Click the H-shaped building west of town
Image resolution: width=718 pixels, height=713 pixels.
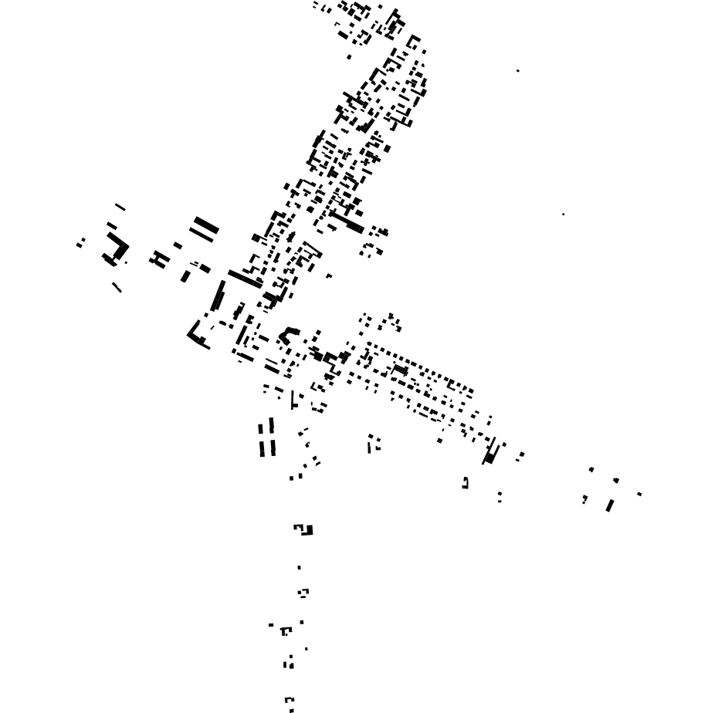[160, 259]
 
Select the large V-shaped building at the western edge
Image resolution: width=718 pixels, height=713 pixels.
[117, 251]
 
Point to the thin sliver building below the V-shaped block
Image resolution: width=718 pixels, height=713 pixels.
[117, 287]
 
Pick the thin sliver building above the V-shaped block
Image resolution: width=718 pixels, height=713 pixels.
[120, 207]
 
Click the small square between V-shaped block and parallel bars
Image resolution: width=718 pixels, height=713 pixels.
[178, 245]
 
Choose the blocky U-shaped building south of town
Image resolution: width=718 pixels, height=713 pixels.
[305, 529]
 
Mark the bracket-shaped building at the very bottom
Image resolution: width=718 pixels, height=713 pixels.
[289, 703]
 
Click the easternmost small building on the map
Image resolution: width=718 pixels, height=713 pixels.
[639, 494]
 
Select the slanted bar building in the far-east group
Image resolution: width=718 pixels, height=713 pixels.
[610, 505]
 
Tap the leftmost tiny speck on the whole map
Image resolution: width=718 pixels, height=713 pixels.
[79, 245]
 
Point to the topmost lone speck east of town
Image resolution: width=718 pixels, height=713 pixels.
[517, 71]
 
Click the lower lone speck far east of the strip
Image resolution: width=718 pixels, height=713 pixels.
[563, 215]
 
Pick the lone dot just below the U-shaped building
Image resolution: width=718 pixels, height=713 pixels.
[299, 568]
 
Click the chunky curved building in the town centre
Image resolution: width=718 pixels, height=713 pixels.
[289, 335]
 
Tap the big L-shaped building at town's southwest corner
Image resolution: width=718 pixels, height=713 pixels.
[197, 336]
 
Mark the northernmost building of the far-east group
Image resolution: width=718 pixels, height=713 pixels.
[591, 469]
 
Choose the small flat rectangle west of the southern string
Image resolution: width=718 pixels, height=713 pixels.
[271, 625]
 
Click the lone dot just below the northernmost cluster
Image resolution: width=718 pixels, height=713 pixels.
[349, 57]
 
